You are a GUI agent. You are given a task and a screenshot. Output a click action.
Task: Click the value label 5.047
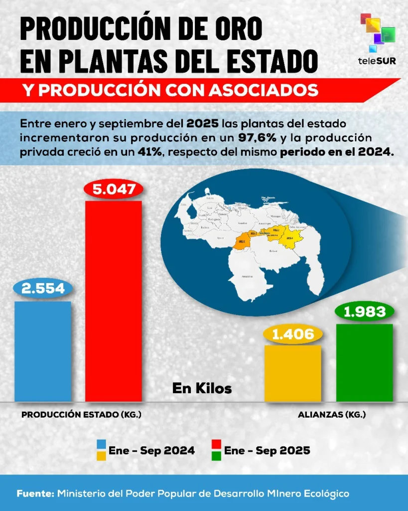[x=114, y=190]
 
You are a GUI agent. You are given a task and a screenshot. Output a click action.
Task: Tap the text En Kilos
[x=202, y=388]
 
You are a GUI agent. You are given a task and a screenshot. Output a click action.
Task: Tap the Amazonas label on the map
[x=247, y=276]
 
